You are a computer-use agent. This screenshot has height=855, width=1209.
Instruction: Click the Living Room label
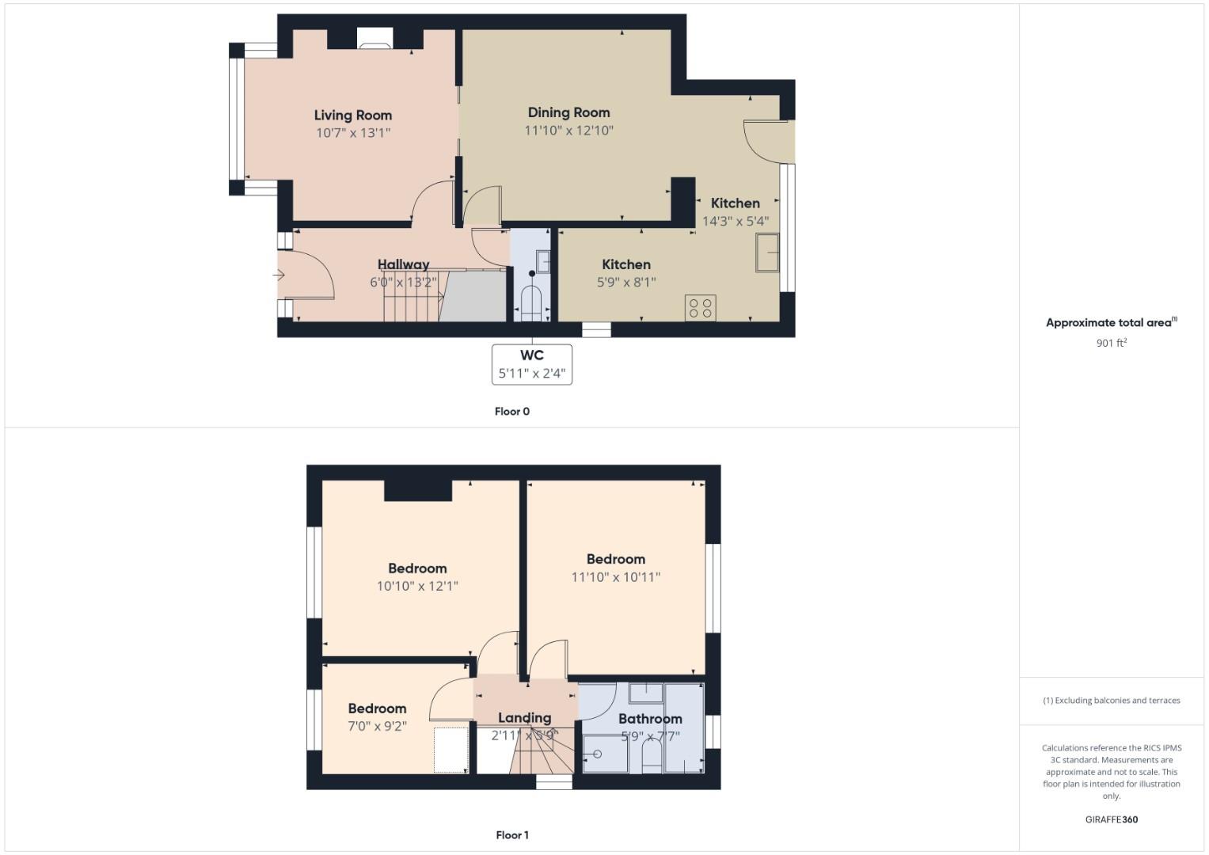tap(352, 115)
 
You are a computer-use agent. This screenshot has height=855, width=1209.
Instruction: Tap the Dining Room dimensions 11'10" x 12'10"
tap(568, 131)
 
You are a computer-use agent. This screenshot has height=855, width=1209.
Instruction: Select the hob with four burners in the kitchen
tap(700, 308)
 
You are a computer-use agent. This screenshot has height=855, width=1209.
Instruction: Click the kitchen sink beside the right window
tap(767, 253)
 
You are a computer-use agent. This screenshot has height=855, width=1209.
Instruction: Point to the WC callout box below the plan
tap(531, 364)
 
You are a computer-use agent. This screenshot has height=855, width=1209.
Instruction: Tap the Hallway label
tap(403, 264)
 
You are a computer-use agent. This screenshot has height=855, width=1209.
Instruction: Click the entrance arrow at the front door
tap(279, 275)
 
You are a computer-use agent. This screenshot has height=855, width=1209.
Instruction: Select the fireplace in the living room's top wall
tap(374, 39)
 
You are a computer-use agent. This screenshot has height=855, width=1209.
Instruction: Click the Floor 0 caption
tap(511, 412)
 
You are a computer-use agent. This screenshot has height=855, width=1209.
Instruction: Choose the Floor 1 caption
tap(511, 835)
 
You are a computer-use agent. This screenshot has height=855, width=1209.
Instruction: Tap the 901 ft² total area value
tap(1111, 343)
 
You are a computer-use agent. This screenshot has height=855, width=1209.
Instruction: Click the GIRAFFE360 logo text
tap(1111, 819)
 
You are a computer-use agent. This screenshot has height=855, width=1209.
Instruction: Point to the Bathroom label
tap(650, 719)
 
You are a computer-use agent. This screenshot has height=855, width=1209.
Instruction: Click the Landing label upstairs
tap(524, 718)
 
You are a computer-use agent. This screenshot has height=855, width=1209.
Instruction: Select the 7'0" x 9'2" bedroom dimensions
tap(377, 726)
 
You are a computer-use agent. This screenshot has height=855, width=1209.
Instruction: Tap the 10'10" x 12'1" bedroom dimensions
tap(417, 587)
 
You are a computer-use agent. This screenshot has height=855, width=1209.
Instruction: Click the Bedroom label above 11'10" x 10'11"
tap(615, 559)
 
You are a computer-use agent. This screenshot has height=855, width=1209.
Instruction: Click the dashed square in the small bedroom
tap(451, 750)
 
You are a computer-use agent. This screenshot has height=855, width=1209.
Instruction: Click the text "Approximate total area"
tap(1108, 323)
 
